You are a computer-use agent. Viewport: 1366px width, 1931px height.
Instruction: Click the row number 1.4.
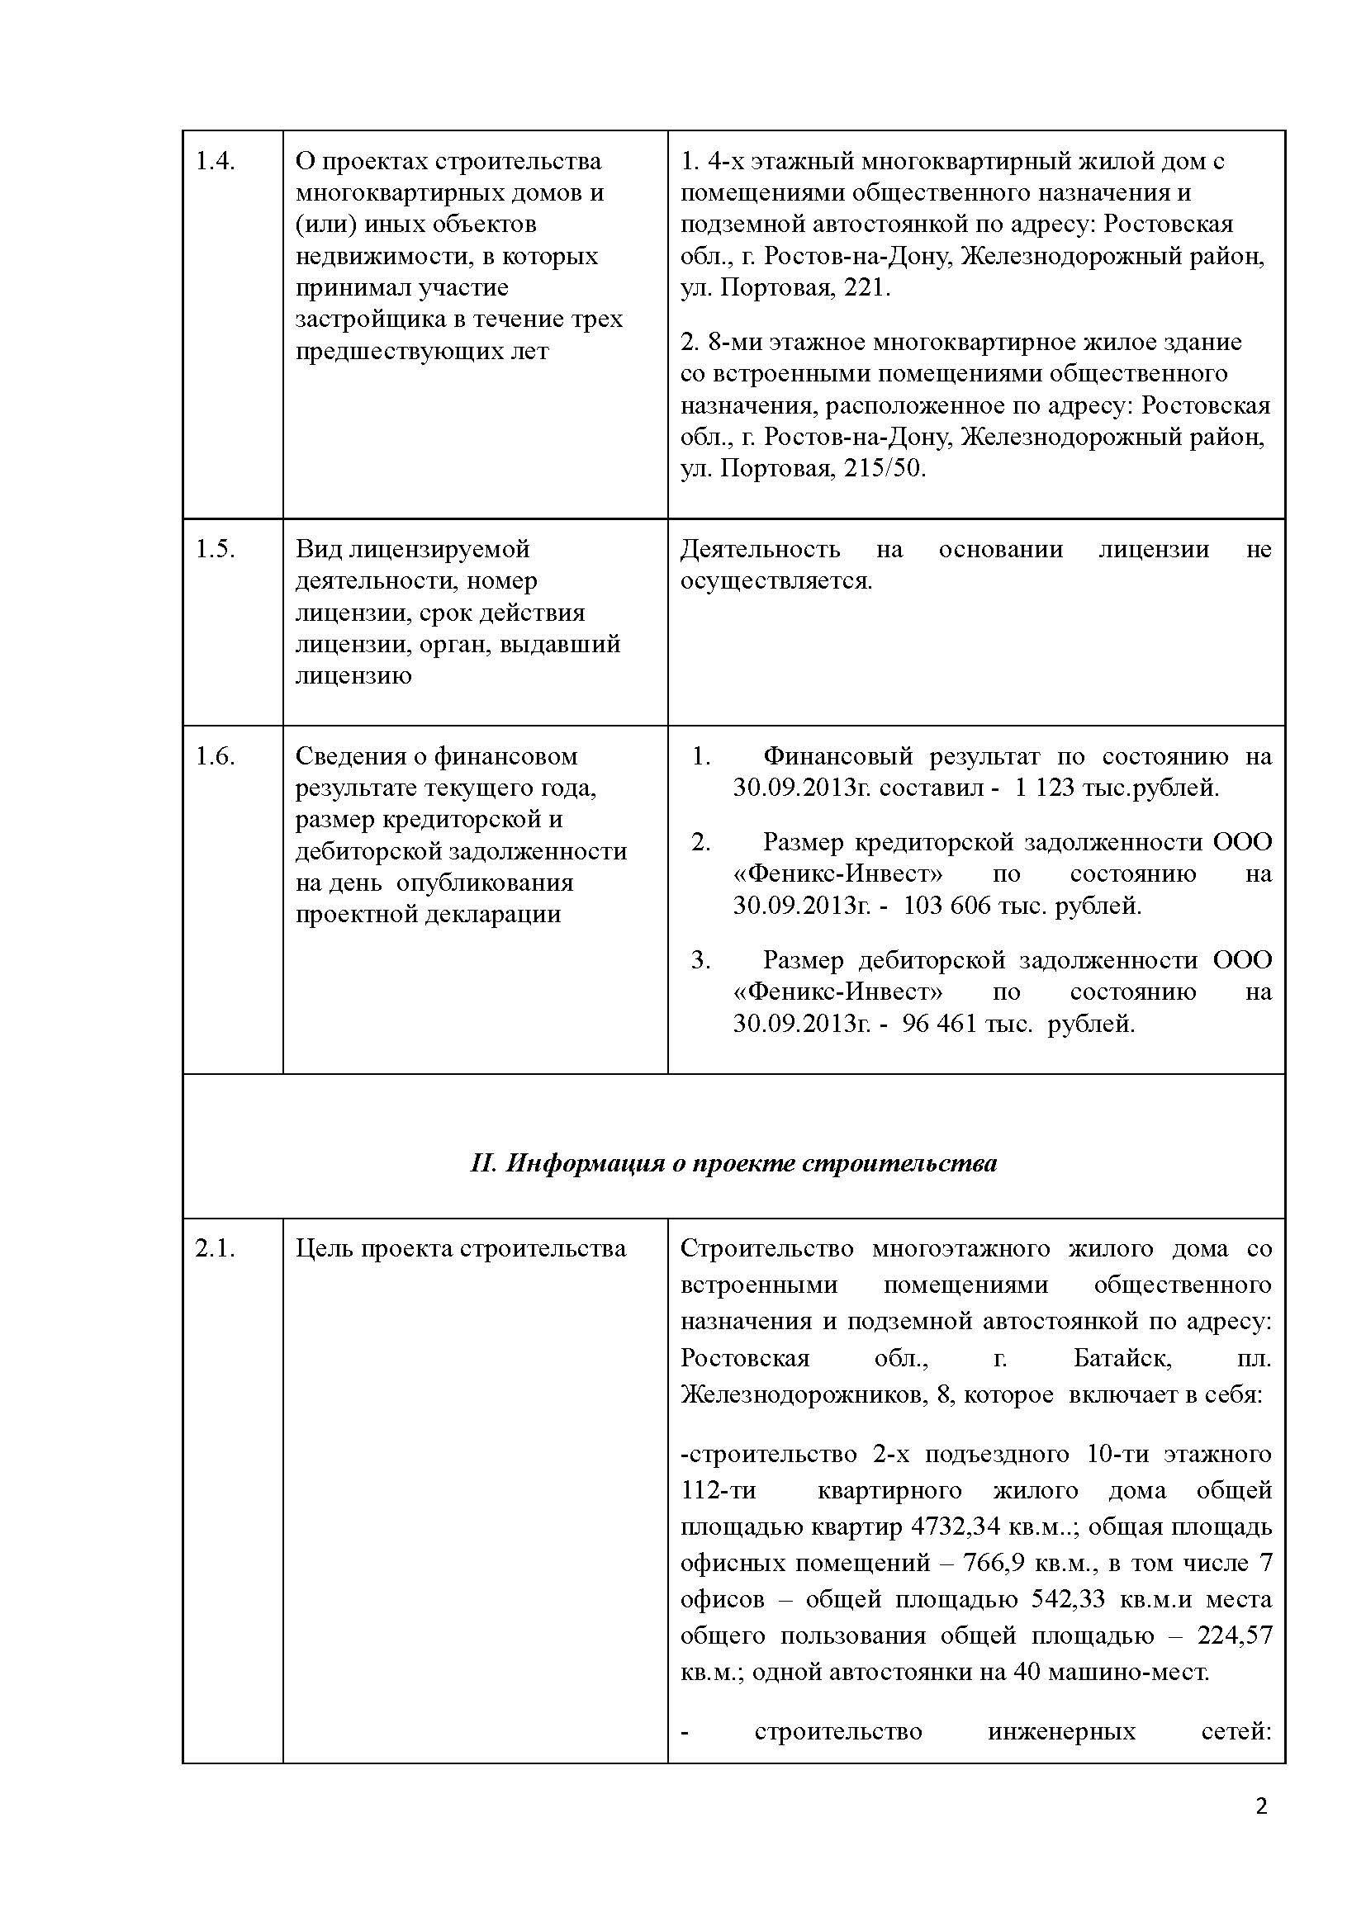(215, 161)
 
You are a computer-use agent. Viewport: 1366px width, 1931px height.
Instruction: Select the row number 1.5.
(215, 549)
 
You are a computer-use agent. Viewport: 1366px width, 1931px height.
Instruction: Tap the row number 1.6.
(215, 756)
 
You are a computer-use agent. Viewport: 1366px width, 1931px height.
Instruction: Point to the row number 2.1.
(215, 1248)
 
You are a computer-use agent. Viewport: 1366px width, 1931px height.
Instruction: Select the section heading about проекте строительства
(733, 1163)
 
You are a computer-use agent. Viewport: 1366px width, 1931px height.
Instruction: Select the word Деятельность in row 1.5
(760, 549)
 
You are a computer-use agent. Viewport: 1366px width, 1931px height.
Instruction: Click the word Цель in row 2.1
(324, 1248)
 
